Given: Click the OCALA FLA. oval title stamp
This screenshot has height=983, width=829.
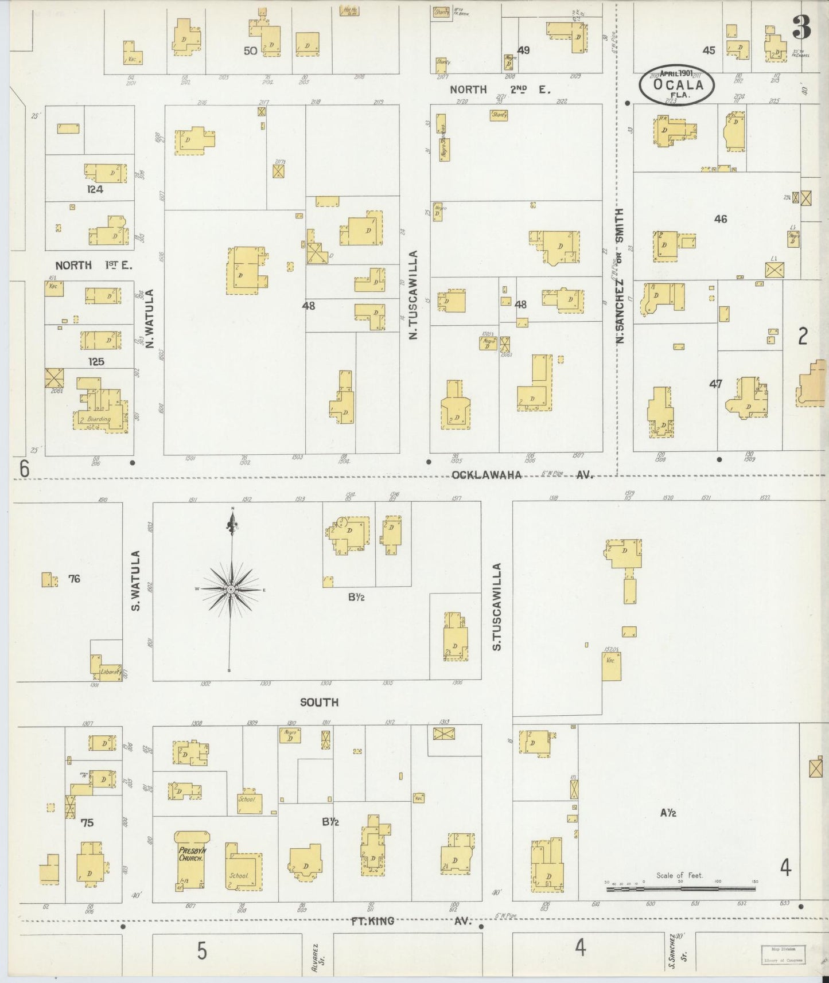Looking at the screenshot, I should pos(677,84).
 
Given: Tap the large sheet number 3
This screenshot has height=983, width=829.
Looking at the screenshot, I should pos(801,27).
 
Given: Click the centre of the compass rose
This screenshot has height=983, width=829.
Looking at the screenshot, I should pos(231,589).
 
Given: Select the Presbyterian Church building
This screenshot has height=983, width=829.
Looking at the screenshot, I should pos(190,860).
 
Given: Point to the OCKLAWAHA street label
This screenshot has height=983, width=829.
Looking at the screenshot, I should pos(486,475).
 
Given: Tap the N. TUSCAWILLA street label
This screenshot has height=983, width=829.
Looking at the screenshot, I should pos(413,295).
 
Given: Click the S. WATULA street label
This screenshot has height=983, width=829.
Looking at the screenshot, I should pos(136,580).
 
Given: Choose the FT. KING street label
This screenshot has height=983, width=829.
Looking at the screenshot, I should pos(373,921).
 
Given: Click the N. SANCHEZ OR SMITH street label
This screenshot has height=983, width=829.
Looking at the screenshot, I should pos(619,276).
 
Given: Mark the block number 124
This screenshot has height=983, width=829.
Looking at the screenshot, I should pos(95,189).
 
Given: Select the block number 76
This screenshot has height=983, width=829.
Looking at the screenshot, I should pos(74,579).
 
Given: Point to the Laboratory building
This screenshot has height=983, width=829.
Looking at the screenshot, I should pos(107,666).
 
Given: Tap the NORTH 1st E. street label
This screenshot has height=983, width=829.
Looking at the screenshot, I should pos(94,265).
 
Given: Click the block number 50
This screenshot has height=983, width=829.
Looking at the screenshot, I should pos(250,50).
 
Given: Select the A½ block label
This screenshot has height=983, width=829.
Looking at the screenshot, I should pos(668,812).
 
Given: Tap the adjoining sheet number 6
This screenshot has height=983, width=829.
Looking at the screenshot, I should pos(24,469).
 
